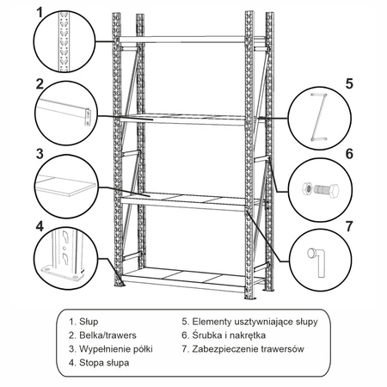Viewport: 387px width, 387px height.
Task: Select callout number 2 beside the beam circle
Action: click(39, 84)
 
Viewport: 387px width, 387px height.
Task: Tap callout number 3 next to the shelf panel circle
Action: click(39, 155)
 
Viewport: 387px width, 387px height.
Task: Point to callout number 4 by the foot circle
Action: click(39, 226)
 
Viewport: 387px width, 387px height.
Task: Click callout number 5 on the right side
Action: click(349, 84)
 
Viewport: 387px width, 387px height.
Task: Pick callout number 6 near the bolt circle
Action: click(349, 155)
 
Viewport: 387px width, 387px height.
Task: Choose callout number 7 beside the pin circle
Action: click(349, 226)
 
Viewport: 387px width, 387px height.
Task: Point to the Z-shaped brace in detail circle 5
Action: click(317, 116)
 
